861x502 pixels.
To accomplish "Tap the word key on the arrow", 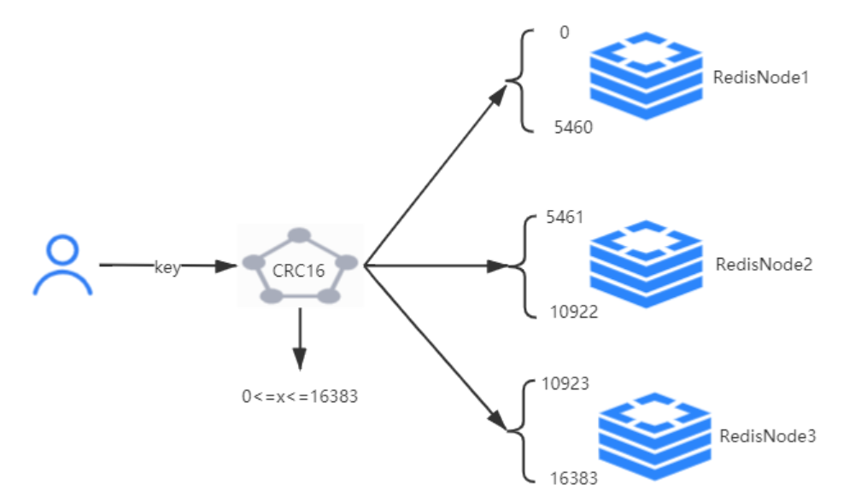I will coord(167,267).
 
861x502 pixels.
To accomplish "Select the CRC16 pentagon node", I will coord(299,267).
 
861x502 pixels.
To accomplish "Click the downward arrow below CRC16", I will coord(299,341).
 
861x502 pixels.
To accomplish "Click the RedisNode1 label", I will coord(760,78).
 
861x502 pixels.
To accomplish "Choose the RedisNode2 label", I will coord(764,264).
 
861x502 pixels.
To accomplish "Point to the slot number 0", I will coord(564,32).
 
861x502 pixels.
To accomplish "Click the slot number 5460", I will coord(570,127).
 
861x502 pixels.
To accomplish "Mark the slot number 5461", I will coord(565,218).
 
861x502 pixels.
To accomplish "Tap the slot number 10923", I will coord(565,383).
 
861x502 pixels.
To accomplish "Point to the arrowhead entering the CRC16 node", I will coord(225,266).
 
